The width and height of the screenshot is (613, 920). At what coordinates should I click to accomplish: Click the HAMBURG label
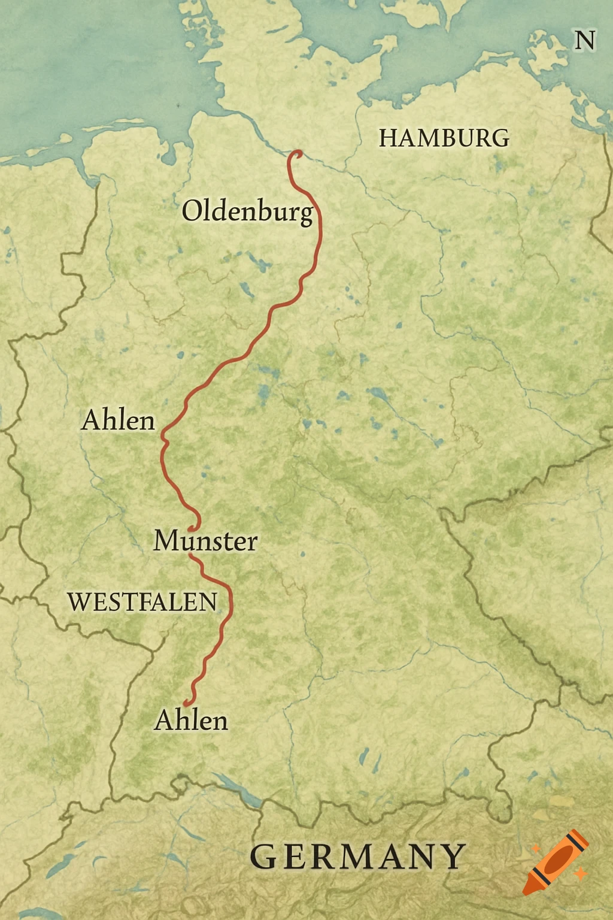[x=444, y=138]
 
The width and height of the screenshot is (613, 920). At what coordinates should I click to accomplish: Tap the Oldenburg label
[x=247, y=211]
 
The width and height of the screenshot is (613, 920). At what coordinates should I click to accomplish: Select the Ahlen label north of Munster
[x=118, y=420]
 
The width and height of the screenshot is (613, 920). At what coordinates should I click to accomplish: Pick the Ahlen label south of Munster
[x=191, y=721]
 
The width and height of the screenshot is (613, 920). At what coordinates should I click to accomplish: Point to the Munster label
[x=205, y=541]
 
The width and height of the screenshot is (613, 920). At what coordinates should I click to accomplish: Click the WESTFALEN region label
[x=142, y=602]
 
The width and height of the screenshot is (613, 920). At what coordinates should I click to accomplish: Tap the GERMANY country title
[x=357, y=857]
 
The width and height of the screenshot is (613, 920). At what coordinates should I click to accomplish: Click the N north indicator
[x=584, y=41]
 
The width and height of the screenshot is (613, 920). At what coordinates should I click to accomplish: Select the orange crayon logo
[x=556, y=861]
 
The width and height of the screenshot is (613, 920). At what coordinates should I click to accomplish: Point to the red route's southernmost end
[x=186, y=703]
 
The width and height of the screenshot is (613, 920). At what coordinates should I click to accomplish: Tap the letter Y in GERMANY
[x=454, y=857]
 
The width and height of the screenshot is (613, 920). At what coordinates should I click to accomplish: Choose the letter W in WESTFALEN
[x=78, y=602]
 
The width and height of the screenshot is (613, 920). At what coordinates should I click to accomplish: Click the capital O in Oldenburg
[x=192, y=211]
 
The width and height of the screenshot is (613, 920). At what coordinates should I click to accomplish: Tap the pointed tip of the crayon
[x=526, y=892]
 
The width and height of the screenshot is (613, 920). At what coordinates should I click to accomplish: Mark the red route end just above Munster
[x=191, y=529]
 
